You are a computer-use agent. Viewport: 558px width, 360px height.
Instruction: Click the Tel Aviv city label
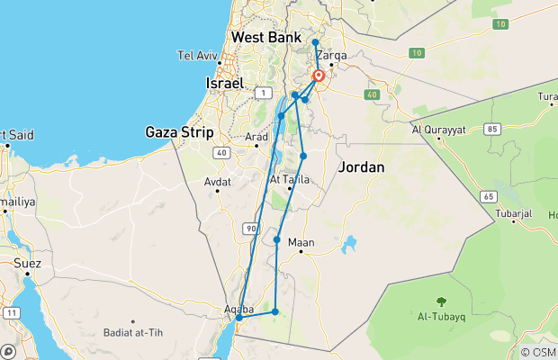click(198, 55)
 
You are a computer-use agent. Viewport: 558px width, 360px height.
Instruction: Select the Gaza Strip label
click(179, 132)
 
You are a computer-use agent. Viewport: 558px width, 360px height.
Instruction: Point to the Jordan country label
click(361, 167)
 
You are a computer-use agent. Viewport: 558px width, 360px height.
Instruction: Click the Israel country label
click(225, 83)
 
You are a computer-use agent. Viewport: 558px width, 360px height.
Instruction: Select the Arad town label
click(257, 137)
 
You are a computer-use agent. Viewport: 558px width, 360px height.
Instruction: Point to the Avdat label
click(218, 181)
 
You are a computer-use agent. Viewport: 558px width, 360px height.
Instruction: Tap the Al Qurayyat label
click(439, 128)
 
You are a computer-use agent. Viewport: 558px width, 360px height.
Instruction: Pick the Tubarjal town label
click(515, 214)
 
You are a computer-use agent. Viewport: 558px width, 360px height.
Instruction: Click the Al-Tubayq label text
click(441, 317)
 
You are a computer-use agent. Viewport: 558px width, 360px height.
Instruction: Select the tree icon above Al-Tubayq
click(441, 302)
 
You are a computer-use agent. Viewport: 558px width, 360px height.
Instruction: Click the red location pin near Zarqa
click(319, 76)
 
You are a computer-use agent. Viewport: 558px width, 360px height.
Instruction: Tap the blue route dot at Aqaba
click(239, 317)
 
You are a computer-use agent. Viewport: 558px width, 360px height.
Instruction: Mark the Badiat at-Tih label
click(135, 334)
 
